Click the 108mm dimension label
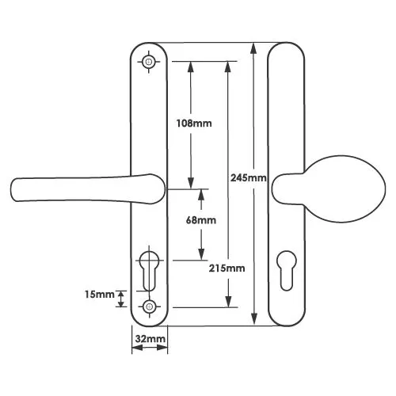pos(194,124)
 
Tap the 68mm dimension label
pos(201,220)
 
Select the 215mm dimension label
pos(227,268)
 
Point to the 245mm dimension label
pos(249,178)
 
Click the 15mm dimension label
pos(100,295)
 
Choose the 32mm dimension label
pos(150,339)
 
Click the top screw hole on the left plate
pos(149,62)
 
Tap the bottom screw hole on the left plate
pos(149,307)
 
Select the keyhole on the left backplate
pos(149,271)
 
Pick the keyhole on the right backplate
pos(287,270)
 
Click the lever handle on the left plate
pos(89,189)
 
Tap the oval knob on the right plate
pos(329,189)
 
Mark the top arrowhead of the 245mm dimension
pos(253,50)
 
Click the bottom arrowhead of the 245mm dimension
pos(254,318)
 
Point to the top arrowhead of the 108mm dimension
pos(191,68)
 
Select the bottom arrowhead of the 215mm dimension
pos(228,301)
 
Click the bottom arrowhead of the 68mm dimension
pos(201,254)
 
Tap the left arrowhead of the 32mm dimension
pos(137,348)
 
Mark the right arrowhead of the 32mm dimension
pos(162,348)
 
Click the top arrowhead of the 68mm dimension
pos(201,196)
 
